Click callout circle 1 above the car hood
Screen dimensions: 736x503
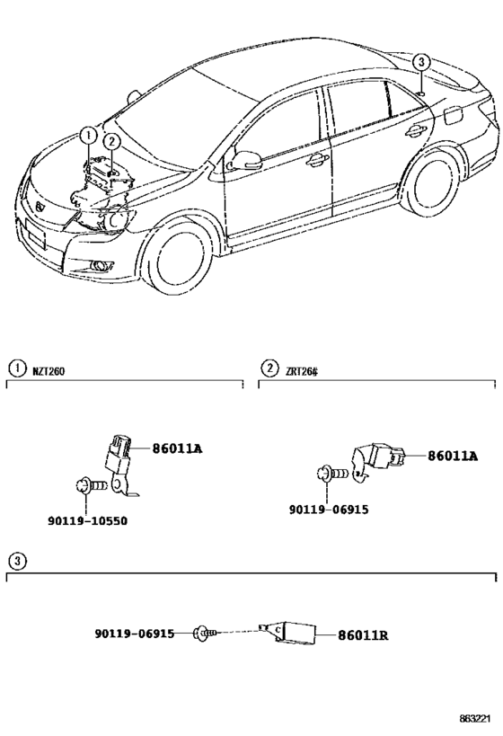[x=87, y=136]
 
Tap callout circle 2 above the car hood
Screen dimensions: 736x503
[x=110, y=141]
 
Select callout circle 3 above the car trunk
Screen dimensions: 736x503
[x=423, y=62]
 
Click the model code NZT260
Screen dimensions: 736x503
[x=49, y=368]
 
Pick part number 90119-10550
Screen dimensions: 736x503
[x=87, y=520]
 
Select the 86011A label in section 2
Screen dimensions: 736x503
[x=452, y=457]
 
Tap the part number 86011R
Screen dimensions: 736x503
[x=363, y=635]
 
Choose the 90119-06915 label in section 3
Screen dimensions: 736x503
[x=134, y=634]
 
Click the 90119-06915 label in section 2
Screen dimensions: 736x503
[x=328, y=510]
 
